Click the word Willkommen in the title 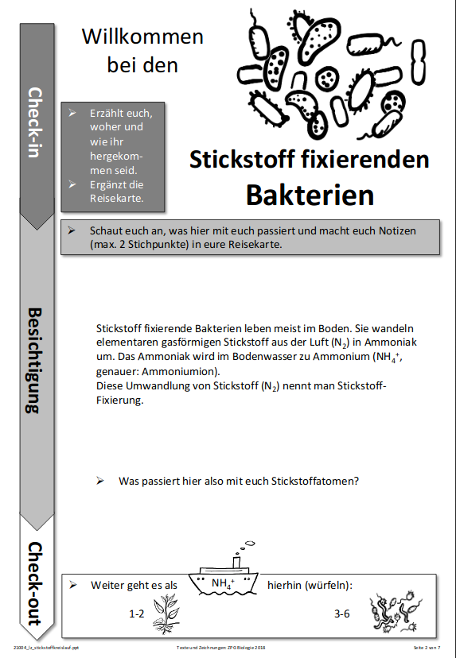pos(142,37)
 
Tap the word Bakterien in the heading pos(310,194)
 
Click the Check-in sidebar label pos(35,122)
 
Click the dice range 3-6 pos(342,613)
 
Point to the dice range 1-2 pos(137,613)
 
